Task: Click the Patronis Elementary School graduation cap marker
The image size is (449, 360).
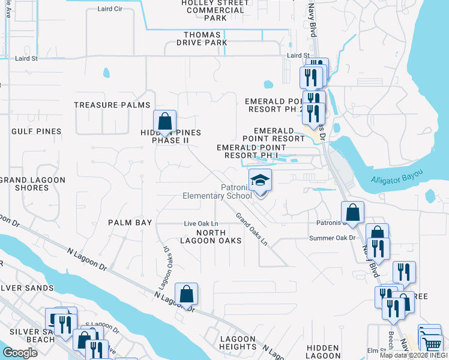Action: (x=261, y=180)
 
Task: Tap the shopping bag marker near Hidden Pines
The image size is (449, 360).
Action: (x=164, y=122)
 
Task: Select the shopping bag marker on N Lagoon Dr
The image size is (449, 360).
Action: (x=187, y=294)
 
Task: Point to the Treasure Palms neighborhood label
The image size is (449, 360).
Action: (x=104, y=105)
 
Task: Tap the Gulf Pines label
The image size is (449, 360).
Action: (x=36, y=131)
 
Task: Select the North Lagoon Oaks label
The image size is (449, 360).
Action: (x=218, y=236)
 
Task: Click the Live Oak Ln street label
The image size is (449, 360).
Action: (x=200, y=224)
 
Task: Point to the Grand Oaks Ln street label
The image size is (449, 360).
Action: (x=251, y=229)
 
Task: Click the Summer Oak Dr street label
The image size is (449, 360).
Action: (x=333, y=238)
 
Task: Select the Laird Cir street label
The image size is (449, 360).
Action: (x=113, y=10)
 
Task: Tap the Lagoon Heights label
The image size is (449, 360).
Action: (x=238, y=343)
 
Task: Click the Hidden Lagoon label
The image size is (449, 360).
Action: (x=323, y=352)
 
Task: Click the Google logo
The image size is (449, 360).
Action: (x=20, y=353)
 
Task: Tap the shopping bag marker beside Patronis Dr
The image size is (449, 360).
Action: (x=352, y=212)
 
